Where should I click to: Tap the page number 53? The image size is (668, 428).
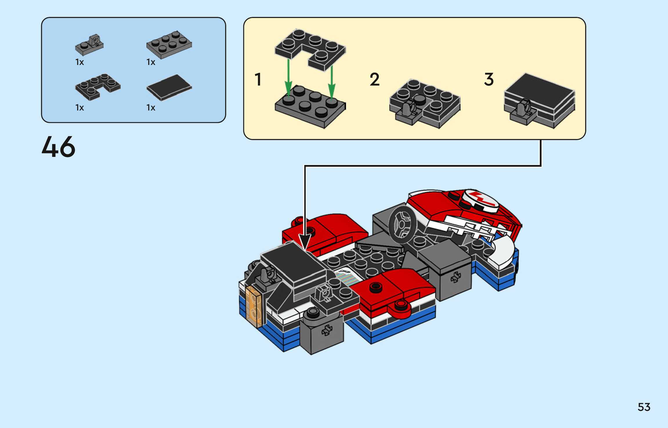tap(644, 407)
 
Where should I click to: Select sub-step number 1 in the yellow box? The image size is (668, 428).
tap(258, 79)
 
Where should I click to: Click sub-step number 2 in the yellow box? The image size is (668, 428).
tap(374, 79)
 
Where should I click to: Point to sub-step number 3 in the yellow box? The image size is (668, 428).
tap(489, 79)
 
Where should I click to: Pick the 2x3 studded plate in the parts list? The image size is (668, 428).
tap(169, 45)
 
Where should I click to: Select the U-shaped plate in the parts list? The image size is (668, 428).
tap(98, 87)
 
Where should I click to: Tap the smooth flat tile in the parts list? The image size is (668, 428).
tap(169, 87)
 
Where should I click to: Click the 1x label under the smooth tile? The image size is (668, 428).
tap(151, 108)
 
